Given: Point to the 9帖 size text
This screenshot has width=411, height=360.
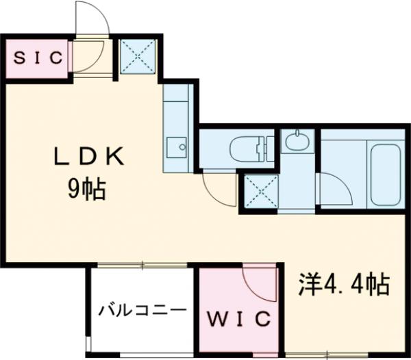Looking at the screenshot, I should click(86, 190).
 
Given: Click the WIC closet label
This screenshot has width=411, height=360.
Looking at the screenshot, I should click(239, 319).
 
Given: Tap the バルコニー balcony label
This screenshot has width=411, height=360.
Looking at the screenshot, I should click(142, 310).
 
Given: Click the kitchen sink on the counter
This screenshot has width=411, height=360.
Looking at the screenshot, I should click(181, 145).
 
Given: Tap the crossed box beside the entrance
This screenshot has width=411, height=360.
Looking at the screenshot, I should click(138, 57).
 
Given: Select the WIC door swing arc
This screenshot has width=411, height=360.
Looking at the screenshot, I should click(258, 281).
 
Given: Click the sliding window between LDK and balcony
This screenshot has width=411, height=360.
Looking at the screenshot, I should click(142, 265).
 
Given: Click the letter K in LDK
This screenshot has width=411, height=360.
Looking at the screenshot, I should click(114, 158).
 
